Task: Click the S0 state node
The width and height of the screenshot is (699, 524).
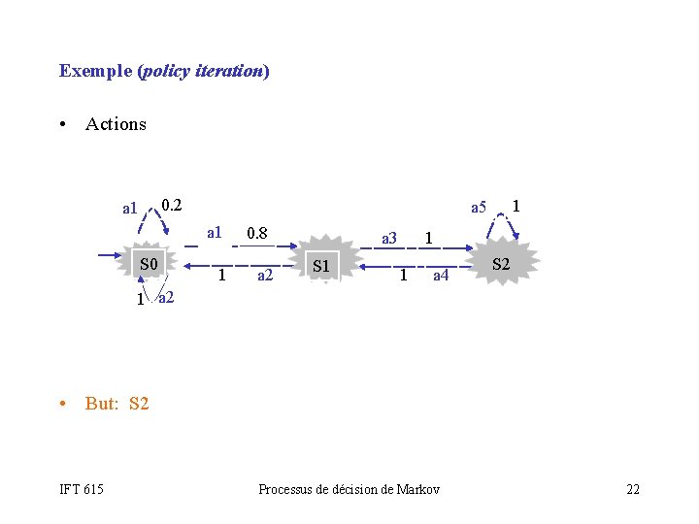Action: [x=148, y=262]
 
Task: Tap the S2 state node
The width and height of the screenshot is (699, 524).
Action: [x=502, y=263]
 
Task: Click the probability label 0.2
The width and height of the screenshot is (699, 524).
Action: [x=172, y=206]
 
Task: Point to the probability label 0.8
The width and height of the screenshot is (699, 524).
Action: [x=257, y=233]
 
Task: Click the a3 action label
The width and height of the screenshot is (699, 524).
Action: [x=389, y=239]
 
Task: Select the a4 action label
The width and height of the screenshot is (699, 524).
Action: [x=441, y=276]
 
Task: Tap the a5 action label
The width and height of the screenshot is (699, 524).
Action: [x=479, y=208]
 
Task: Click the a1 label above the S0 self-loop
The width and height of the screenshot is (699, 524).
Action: [x=130, y=209]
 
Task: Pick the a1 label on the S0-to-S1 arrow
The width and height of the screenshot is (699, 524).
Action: [x=215, y=233]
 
